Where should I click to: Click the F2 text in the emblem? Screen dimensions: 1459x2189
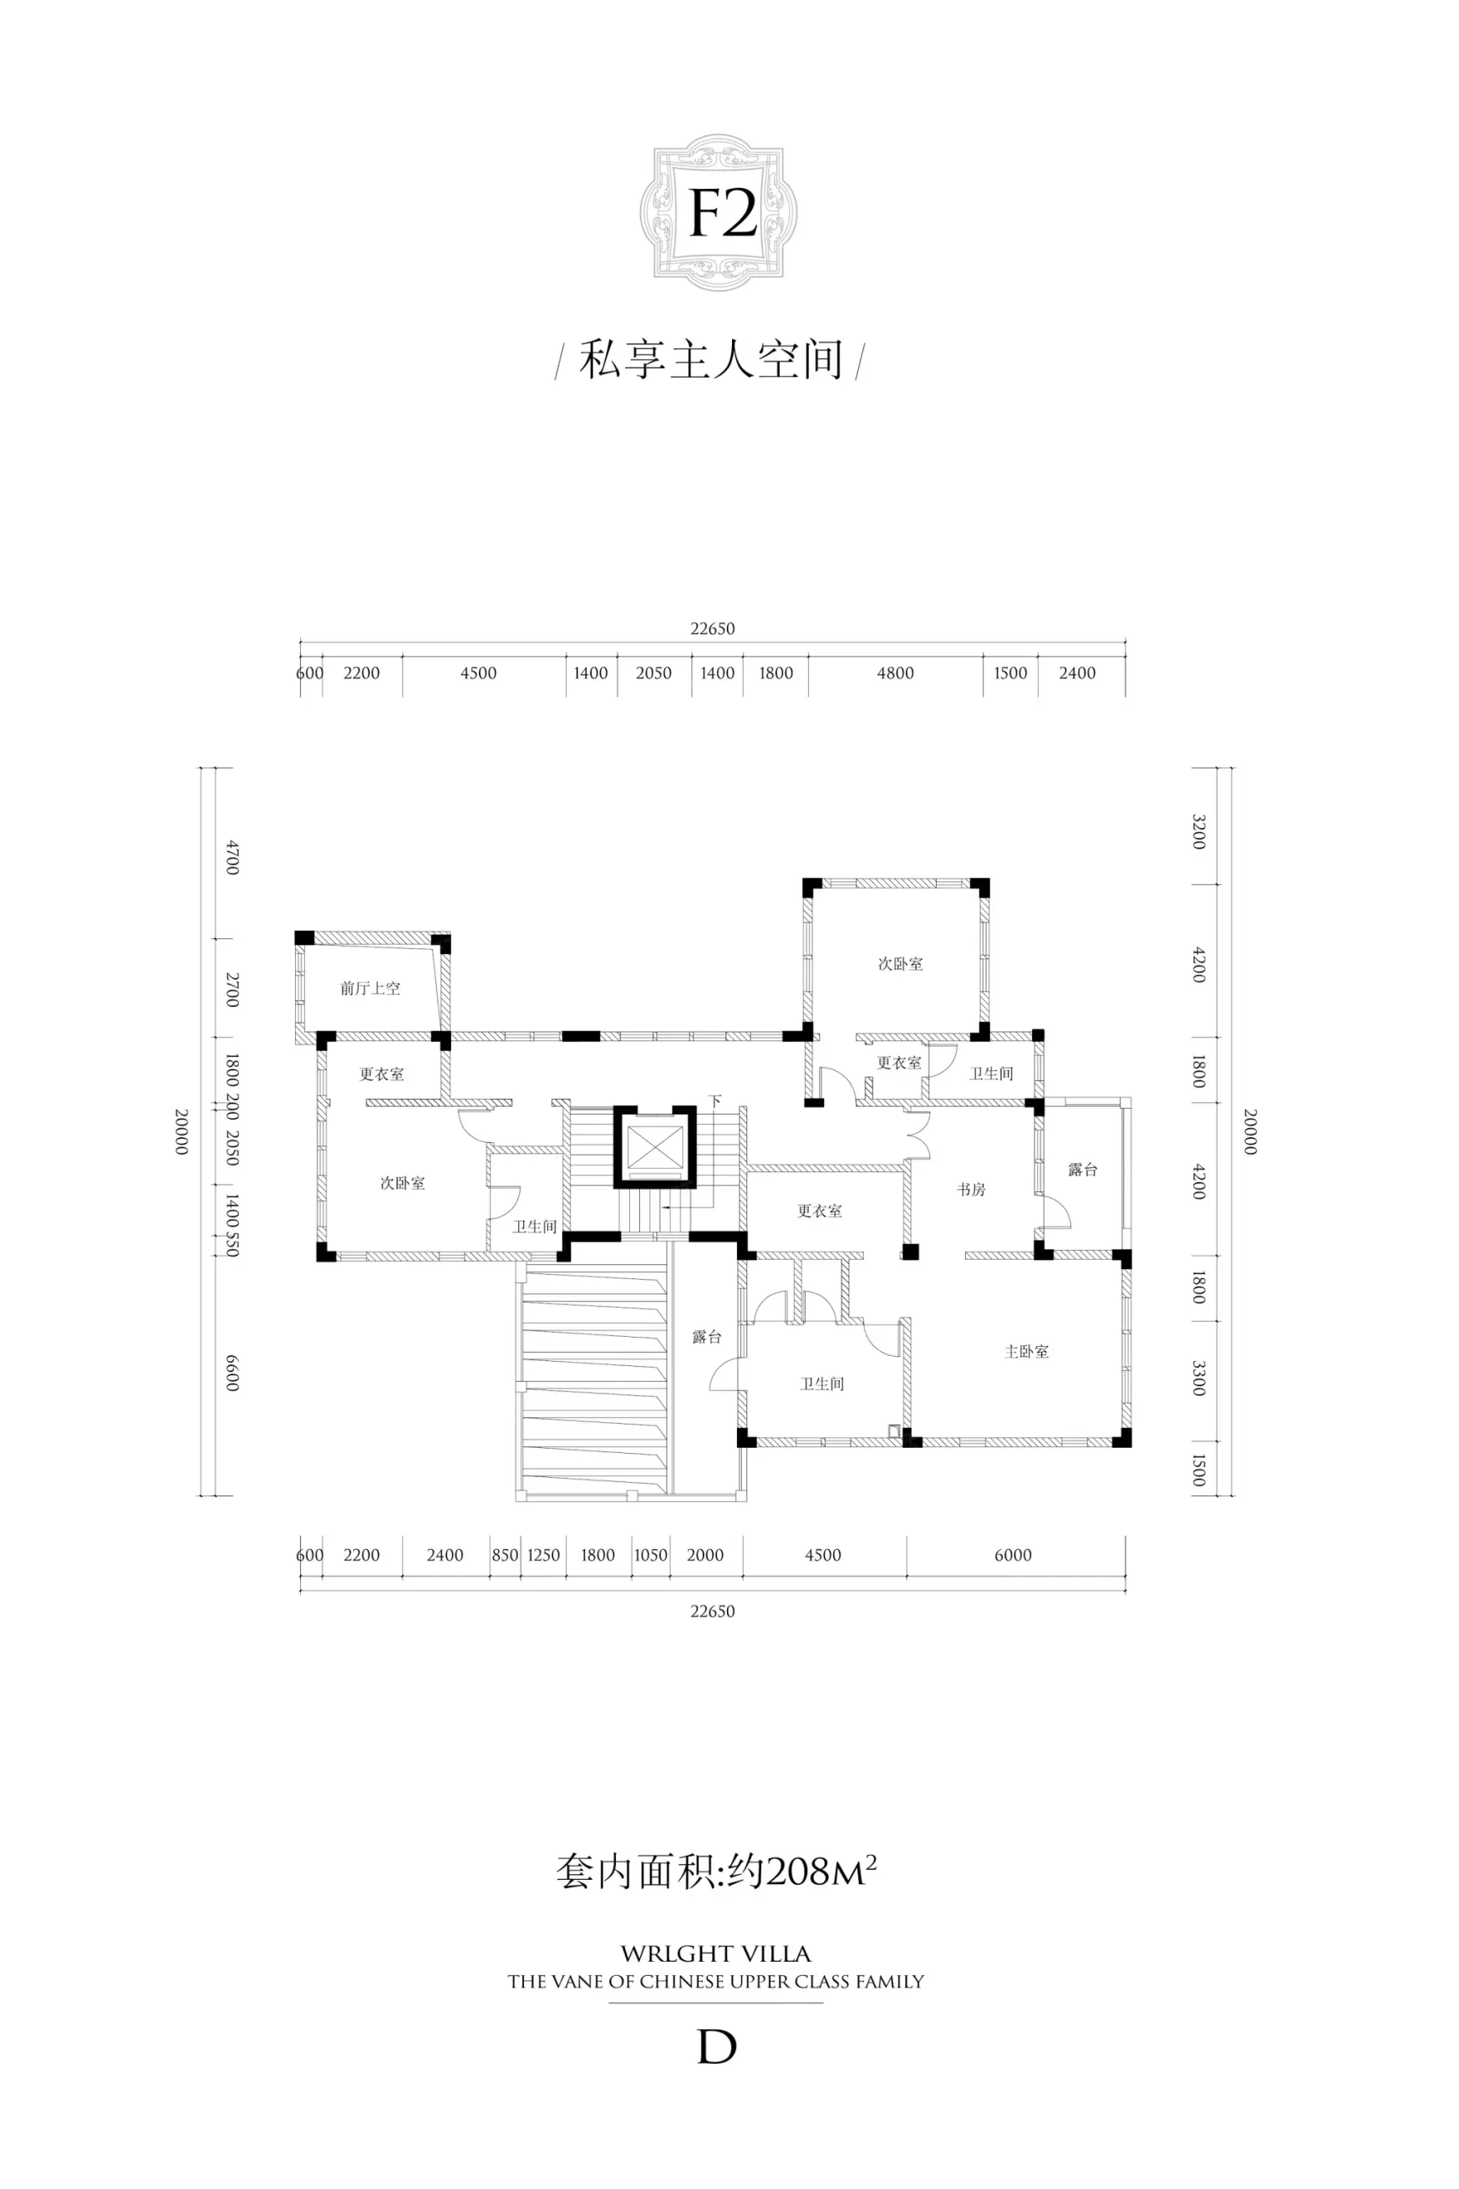point(723,216)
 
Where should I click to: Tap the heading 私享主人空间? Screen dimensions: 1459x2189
point(710,360)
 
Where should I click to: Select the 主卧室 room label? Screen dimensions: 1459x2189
point(1026,1352)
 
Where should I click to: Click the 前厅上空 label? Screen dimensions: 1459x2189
point(370,988)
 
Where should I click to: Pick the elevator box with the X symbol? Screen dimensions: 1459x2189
point(654,1147)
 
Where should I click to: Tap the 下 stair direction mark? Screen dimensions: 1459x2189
point(714,1101)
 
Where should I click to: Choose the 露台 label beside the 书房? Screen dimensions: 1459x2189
point(1082,1171)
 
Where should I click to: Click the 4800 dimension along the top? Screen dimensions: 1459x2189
point(895,673)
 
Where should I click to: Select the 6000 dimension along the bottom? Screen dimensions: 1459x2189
point(1013,1555)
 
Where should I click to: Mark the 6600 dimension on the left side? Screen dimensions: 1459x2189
point(232,1372)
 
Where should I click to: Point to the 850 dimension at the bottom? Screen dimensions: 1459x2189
point(505,1555)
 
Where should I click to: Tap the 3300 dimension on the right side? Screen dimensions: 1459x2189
point(1198,1378)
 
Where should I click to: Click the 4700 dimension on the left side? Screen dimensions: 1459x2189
point(232,857)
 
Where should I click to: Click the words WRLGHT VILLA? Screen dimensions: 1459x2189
point(715,1953)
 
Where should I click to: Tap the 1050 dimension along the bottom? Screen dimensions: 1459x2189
point(650,1555)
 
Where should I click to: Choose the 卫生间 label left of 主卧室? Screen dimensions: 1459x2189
point(821,1384)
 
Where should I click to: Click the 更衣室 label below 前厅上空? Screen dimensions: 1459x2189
point(382,1074)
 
